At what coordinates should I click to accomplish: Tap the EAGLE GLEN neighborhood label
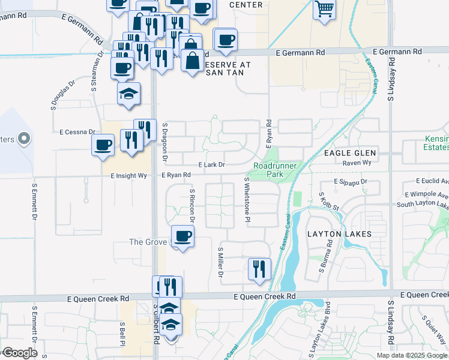point(349,153)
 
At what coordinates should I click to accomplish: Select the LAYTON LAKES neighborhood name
point(339,233)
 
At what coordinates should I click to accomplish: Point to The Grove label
point(147,242)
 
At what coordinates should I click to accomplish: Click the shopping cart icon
point(324,8)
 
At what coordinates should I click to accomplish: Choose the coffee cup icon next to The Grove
point(183,236)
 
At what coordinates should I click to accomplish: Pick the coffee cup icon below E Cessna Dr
point(103,145)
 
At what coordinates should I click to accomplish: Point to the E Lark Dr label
point(211,164)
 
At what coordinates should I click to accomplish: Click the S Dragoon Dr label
point(164,142)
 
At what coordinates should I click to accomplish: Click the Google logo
point(19,353)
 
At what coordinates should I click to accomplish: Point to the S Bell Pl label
point(122,333)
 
